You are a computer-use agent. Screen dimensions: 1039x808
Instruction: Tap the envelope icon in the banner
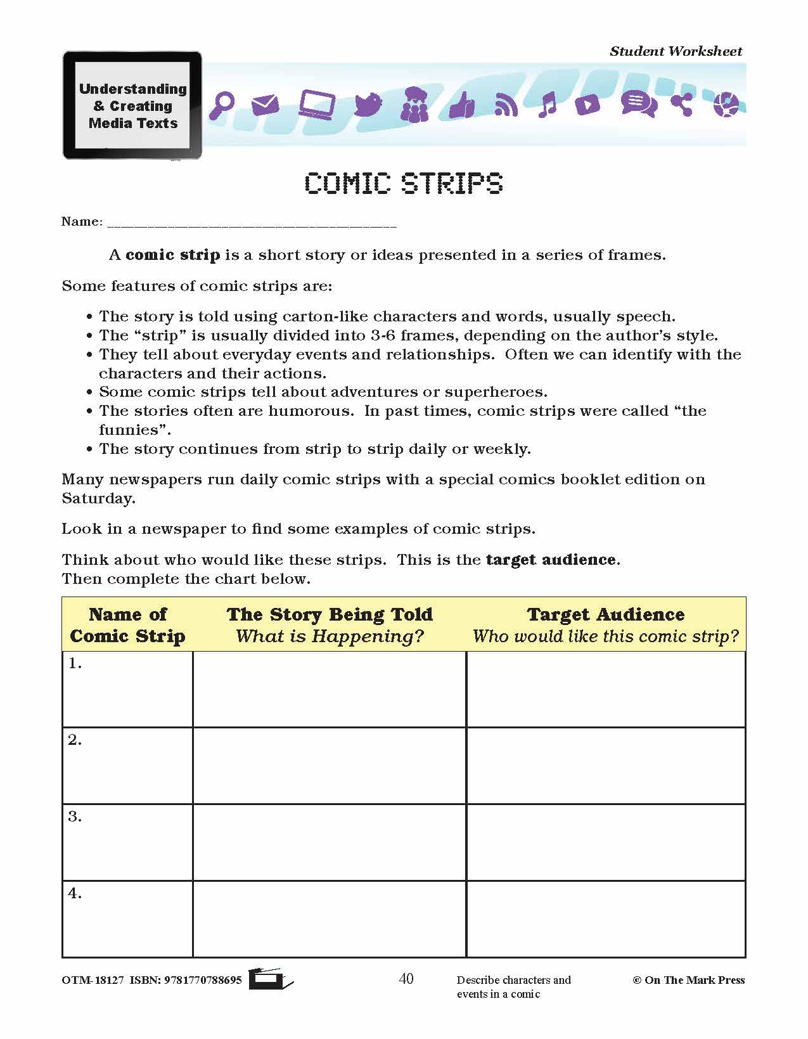[265, 105]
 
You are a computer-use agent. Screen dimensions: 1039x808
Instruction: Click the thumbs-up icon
[461, 105]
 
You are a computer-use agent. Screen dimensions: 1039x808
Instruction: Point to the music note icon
[547, 105]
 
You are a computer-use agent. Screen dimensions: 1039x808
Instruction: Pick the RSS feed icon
[506, 105]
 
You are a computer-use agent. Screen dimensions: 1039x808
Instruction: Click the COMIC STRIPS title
[404, 183]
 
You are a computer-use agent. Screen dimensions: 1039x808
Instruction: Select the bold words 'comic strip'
[172, 255]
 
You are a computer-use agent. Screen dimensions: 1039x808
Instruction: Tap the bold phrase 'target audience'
[551, 560]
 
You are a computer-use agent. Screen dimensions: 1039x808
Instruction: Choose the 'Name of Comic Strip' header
[127, 624]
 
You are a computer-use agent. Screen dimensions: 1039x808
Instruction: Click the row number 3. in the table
[75, 816]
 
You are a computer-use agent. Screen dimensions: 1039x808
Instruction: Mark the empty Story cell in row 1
[330, 689]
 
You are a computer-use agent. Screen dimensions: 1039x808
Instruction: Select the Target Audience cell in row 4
[606, 919]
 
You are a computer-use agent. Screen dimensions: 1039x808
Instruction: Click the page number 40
[406, 979]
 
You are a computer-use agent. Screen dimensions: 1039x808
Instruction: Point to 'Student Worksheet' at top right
[676, 51]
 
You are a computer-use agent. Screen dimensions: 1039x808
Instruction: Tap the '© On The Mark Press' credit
[688, 980]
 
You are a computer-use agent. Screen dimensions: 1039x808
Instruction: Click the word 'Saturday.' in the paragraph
[98, 498]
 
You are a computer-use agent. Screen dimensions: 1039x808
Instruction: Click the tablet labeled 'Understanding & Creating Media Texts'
[132, 105]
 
